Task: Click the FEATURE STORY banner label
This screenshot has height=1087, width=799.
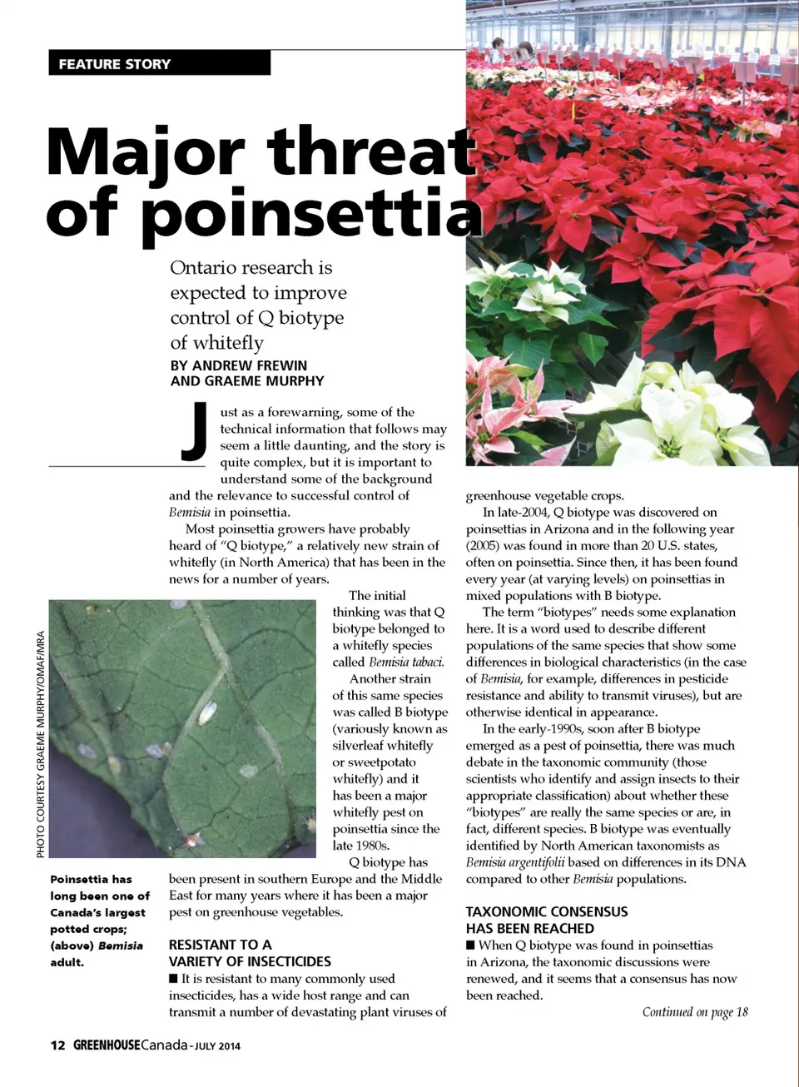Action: pyautogui.click(x=115, y=64)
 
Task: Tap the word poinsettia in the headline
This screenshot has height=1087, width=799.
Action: pyautogui.click(x=311, y=215)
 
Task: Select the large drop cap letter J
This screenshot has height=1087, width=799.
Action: pyautogui.click(x=195, y=431)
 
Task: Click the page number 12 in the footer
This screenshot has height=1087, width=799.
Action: pyautogui.click(x=57, y=1045)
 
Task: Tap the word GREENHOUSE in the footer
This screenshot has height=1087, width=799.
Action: pyautogui.click(x=107, y=1045)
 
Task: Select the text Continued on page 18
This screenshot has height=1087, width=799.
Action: pyautogui.click(x=695, y=1012)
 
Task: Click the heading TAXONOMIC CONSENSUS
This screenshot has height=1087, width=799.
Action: pyautogui.click(x=547, y=911)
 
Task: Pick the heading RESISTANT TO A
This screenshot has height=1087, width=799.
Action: pyautogui.click(x=221, y=945)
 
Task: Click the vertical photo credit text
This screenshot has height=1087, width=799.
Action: pyautogui.click(x=40, y=745)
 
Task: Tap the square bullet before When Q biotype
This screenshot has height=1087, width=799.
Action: pyautogui.click(x=470, y=945)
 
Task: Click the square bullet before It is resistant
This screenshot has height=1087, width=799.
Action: pyautogui.click(x=173, y=979)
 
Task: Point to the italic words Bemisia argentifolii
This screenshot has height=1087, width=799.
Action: pyautogui.click(x=515, y=862)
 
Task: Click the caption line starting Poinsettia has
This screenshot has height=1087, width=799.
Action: pyautogui.click(x=91, y=879)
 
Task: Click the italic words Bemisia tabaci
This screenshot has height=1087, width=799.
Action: pyautogui.click(x=406, y=663)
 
